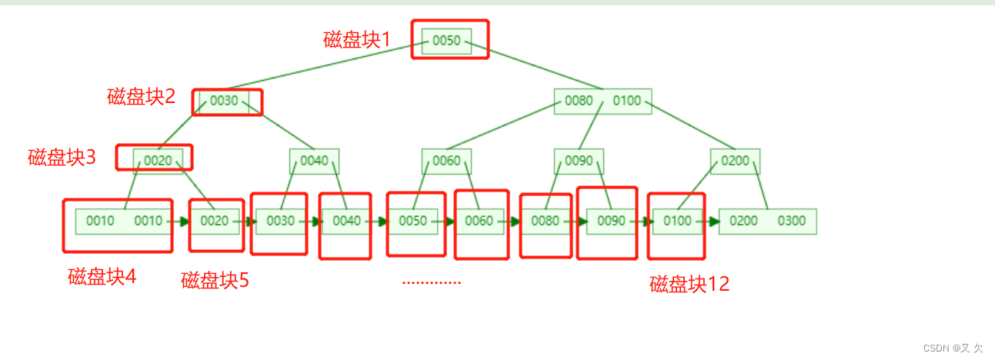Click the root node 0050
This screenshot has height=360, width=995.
point(446,41)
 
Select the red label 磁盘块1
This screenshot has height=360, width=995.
point(357,40)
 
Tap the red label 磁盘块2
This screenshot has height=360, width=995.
point(141,97)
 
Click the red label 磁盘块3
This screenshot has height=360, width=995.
point(62,158)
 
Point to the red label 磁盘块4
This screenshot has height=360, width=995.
point(102,276)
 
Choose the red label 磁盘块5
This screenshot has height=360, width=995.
point(215,280)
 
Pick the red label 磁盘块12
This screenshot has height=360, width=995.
point(689,284)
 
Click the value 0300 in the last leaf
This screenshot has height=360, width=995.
point(791,222)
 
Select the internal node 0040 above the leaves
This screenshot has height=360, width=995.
point(314,161)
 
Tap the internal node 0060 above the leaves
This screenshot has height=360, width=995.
point(446,161)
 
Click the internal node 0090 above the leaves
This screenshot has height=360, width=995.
point(579,161)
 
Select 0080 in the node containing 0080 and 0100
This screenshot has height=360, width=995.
point(579,101)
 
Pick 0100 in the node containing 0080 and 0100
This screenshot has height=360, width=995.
point(626,101)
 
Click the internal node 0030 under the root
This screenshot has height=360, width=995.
point(224,101)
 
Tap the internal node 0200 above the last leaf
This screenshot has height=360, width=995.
point(735,161)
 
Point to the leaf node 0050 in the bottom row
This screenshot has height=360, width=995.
point(412,222)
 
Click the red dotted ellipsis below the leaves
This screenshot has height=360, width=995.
point(431,282)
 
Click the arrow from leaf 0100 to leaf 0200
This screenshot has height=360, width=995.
point(711,222)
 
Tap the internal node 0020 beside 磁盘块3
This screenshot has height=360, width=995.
point(158,161)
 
